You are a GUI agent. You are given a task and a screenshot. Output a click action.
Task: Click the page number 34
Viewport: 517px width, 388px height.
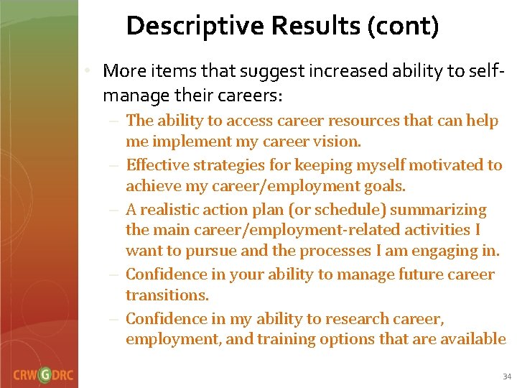pyautogui.click(x=507, y=377)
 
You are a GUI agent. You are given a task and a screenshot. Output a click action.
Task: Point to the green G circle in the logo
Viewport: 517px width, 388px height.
pyautogui.click(x=45, y=375)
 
